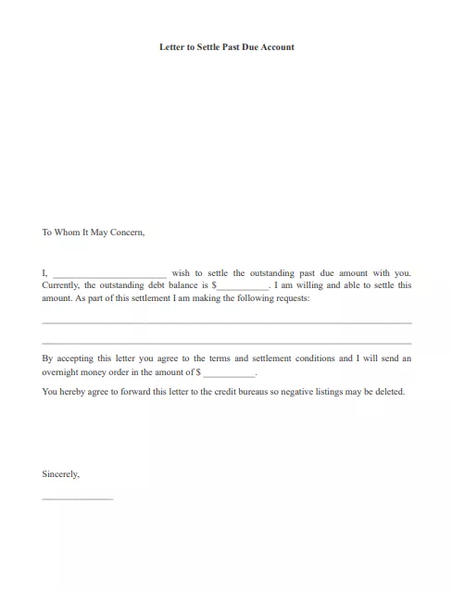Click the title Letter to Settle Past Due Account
[227, 46]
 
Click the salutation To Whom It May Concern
[94, 233]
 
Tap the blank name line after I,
[109, 275]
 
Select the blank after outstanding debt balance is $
[243, 288]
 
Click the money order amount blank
[228, 373]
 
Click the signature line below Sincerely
[78, 498]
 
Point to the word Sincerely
[60, 474]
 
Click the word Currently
[61, 286]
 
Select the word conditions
[314, 358]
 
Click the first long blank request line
[227, 322]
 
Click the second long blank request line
[227, 343]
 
